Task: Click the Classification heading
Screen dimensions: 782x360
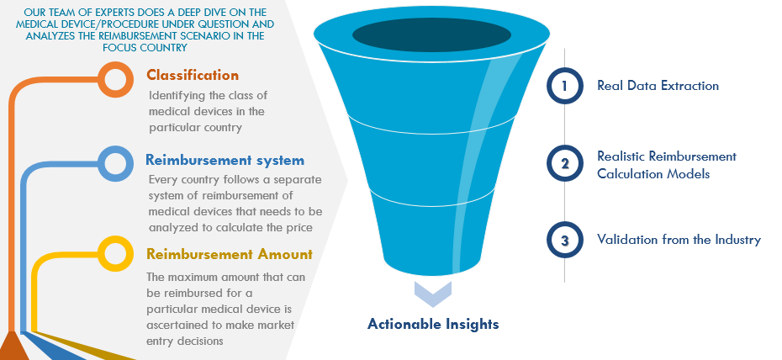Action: tap(193, 76)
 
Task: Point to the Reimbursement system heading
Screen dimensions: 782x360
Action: tap(225, 161)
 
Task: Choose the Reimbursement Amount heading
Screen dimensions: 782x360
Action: tap(230, 254)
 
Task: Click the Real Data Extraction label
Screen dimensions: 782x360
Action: tap(658, 86)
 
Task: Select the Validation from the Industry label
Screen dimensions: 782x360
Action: tap(679, 240)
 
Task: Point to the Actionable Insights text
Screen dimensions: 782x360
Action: tap(433, 324)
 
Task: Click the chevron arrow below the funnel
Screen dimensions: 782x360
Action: tap(432, 294)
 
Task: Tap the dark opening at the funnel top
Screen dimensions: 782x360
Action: tap(432, 34)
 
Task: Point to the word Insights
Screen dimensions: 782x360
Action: tap(468, 325)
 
